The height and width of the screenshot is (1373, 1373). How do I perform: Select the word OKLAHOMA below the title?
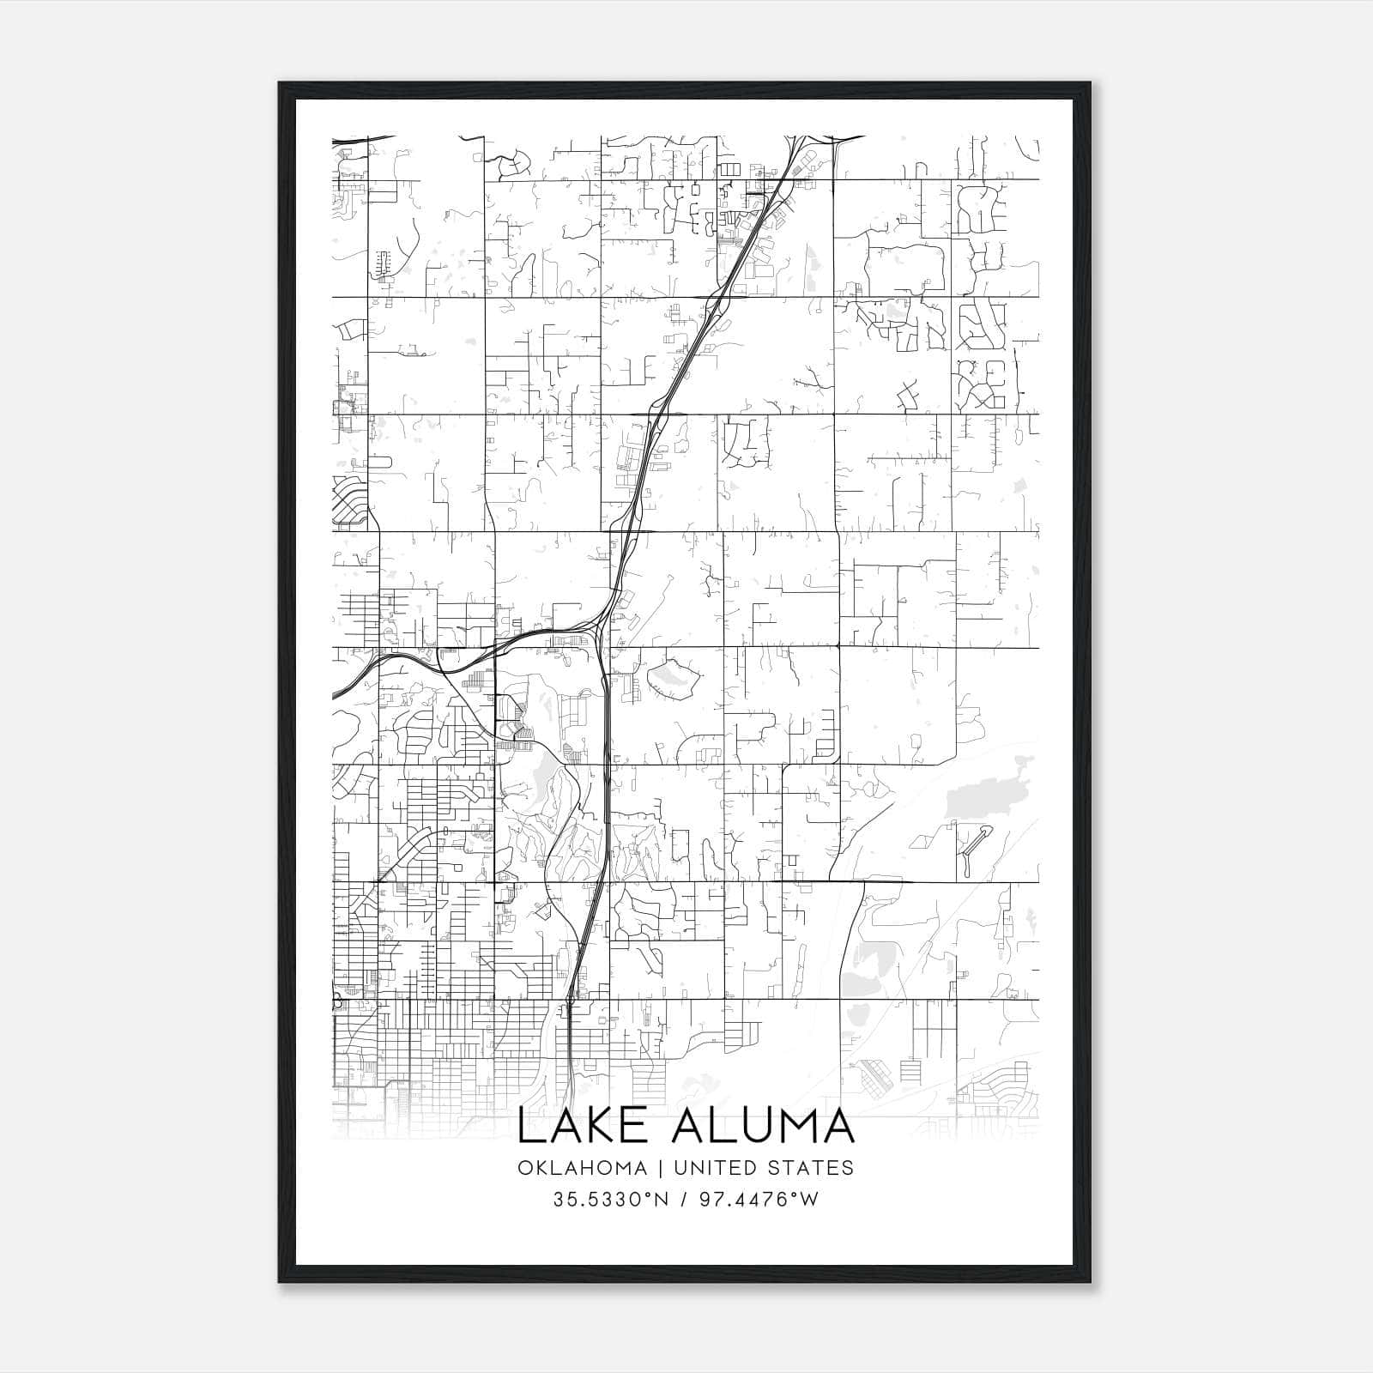pos(582,1168)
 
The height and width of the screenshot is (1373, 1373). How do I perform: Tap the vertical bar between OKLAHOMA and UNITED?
pos(661,1168)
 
